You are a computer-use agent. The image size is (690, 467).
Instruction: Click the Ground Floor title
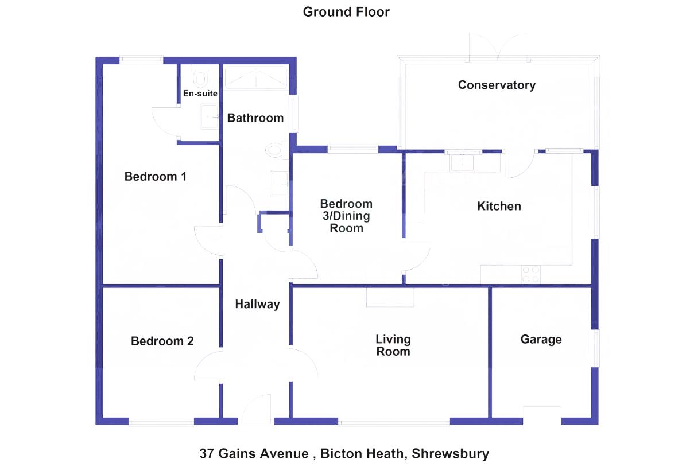346,11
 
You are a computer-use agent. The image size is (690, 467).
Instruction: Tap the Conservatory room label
497,85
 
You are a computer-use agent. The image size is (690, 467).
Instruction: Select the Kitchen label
499,206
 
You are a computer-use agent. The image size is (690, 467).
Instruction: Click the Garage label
541,339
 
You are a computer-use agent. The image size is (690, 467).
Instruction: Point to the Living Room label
393,345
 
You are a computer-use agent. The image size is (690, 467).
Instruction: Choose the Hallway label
257,304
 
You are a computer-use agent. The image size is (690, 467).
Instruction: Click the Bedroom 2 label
162,341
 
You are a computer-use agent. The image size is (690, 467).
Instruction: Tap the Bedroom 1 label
155,176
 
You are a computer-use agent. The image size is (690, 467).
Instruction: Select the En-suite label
200,94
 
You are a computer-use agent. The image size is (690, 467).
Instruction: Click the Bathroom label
255,118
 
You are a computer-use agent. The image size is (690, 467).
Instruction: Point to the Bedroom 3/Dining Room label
346,216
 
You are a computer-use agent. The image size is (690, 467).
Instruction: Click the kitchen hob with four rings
530,275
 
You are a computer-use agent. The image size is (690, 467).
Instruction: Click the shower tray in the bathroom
255,78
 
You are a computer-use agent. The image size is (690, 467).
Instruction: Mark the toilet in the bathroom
275,150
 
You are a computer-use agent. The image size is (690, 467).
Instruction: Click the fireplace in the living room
390,297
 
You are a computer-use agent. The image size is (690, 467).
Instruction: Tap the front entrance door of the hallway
257,411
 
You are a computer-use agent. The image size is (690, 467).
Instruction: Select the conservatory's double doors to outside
499,48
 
